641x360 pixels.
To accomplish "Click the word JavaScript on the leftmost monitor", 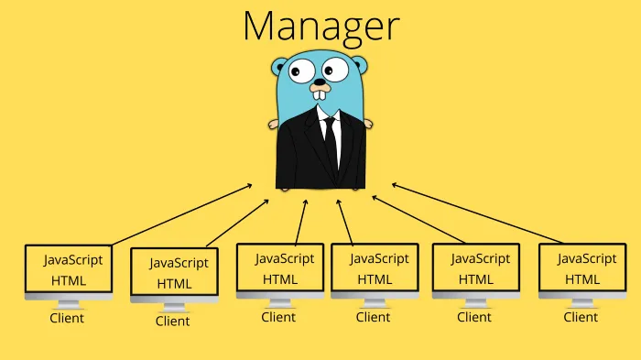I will pyautogui.click(x=73, y=259).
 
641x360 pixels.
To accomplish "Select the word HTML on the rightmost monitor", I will pyautogui.click(x=582, y=278).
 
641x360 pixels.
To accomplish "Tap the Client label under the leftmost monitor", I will pyautogui.click(x=66, y=318).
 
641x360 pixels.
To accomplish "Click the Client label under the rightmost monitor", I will pyautogui.click(x=581, y=317).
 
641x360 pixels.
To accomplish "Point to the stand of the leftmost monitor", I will pyautogui.click(x=69, y=303).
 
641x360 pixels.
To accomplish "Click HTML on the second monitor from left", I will pyautogui.click(x=175, y=283).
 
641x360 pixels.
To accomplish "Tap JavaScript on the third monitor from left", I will pyautogui.click(x=285, y=258).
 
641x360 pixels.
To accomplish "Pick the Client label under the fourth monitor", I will pyautogui.click(x=373, y=317).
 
